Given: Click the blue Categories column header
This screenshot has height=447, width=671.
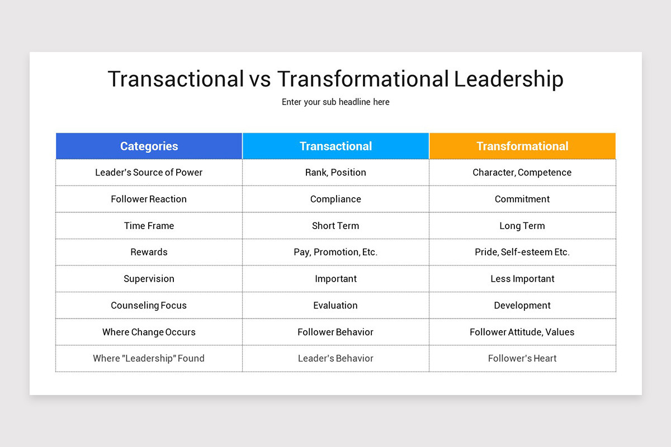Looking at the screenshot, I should [149, 146].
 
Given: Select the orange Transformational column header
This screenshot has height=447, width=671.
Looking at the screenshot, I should [522, 146].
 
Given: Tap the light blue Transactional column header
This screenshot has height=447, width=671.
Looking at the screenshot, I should [335, 146].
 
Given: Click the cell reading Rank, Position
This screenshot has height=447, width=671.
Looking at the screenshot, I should [335, 173].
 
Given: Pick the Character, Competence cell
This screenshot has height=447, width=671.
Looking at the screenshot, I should [522, 173].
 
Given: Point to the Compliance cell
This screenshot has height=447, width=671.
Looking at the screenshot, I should [335, 199].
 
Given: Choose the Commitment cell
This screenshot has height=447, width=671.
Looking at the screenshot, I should [522, 199].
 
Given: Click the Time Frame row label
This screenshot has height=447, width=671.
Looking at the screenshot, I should [149, 226].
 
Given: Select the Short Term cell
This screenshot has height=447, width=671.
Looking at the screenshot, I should [335, 226].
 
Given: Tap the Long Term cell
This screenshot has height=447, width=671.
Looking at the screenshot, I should [522, 226].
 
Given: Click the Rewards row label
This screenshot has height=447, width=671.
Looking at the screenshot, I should [149, 252].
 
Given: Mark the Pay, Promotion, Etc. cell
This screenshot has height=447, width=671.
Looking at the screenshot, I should [335, 252].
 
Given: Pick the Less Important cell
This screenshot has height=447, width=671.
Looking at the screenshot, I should [522, 279].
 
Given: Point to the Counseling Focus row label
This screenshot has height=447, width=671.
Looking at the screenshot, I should [149, 306].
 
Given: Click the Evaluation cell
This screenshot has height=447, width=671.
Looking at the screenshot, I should [335, 306].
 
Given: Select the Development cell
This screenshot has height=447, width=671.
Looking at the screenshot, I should [522, 306].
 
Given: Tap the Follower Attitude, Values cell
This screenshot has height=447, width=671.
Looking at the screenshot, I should [522, 332].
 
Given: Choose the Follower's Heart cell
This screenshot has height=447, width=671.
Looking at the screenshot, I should [522, 359].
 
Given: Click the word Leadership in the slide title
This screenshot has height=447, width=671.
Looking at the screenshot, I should [508, 79].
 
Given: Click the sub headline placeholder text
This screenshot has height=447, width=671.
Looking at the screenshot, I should [335, 102].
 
